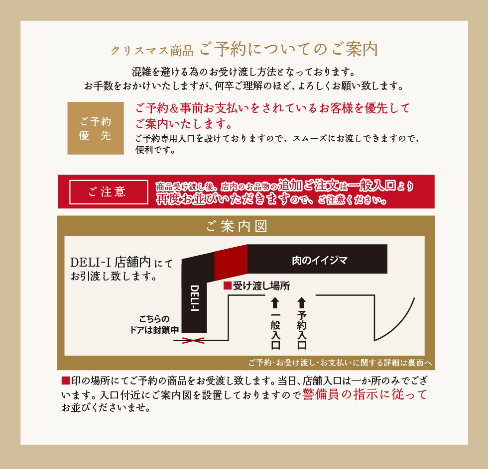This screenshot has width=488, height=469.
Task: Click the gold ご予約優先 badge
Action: pyautogui.click(x=96, y=128)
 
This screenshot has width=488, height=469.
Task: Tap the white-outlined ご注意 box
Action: pyautogui.click(x=109, y=192)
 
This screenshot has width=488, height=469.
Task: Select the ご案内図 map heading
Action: pyautogui.click(x=237, y=226)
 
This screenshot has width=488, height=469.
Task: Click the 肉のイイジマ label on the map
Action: pyautogui.click(x=320, y=260)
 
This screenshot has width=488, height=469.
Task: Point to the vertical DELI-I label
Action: pyautogui.click(x=195, y=298)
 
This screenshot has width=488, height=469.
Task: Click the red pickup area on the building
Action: pyautogui.click(x=231, y=262)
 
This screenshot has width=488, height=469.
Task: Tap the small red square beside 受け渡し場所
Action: pyautogui.click(x=228, y=285)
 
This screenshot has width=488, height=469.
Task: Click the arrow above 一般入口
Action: pyautogui.click(x=275, y=303)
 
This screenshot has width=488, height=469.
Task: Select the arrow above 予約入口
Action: pyautogui.click(x=302, y=303)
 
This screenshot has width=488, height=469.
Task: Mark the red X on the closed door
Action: pyautogui.click(x=193, y=341)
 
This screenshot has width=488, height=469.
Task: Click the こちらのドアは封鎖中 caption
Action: pyautogui.click(x=154, y=324)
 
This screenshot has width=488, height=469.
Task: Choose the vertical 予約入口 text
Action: pyautogui.click(x=302, y=330)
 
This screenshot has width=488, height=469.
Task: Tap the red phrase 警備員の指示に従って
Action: pyautogui.click(x=365, y=394)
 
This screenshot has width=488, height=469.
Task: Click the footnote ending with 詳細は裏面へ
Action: pyautogui.click(x=340, y=363)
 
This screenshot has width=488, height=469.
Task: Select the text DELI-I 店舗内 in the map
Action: pyautogui.click(x=110, y=262)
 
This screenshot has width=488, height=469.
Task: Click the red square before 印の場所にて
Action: pyautogui.click(x=65, y=380)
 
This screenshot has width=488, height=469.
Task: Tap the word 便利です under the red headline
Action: pyautogui.click(x=155, y=150)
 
